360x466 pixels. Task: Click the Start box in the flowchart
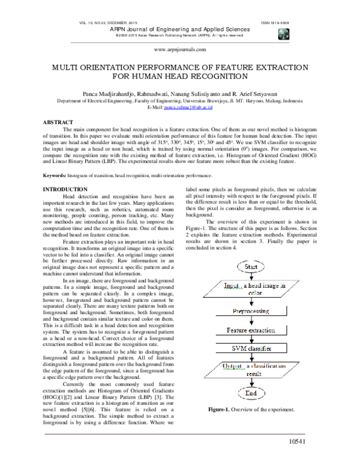coord(251,266)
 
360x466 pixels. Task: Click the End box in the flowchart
coord(251,394)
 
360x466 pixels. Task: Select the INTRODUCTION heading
coord(63,189)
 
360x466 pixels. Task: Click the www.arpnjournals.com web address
coord(180,50)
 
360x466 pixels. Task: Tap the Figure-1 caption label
coord(221,409)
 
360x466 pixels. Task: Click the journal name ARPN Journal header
coord(179,29)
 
